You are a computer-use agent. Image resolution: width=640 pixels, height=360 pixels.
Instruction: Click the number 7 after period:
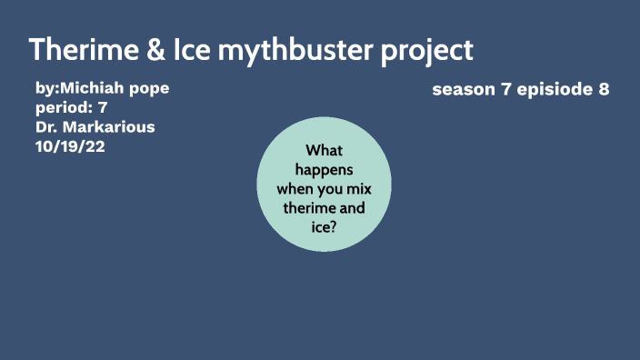pos(103,108)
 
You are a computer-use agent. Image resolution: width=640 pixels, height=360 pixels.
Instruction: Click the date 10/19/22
pos(70,146)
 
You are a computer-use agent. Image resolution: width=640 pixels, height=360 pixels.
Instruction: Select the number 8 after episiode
pos(603,89)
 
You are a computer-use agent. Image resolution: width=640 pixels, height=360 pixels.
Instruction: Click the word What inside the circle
pos(324,151)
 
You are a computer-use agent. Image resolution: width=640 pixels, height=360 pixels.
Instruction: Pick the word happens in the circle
pos(324,170)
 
